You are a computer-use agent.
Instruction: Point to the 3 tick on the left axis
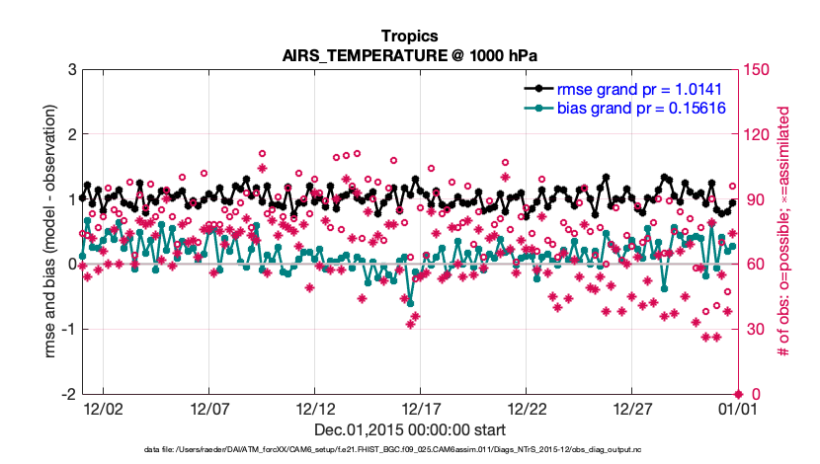[72, 70]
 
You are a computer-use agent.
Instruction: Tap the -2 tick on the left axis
[69, 395]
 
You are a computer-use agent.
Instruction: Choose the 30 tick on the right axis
[755, 330]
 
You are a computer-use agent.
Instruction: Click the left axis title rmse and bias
[49, 232]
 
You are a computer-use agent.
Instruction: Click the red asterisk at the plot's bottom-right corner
[738, 394]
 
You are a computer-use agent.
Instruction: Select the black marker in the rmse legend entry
[538, 87]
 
